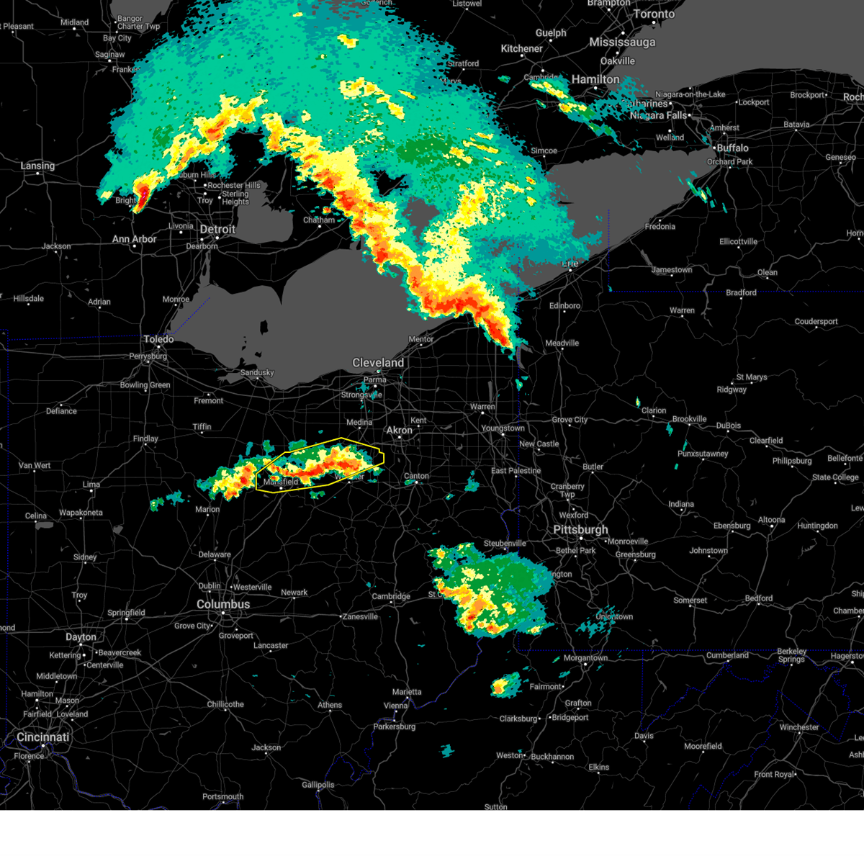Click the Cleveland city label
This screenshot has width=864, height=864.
point(378,363)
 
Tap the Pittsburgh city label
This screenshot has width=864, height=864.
point(580,530)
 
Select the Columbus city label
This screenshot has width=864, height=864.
point(223,604)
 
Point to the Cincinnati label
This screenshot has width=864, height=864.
point(43,737)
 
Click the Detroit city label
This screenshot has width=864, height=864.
point(217,230)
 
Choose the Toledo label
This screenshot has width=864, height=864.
point(158,339)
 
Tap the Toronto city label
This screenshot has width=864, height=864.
point(654,14)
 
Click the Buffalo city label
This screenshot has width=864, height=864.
point(732,148)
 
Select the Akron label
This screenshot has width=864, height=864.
point(400,431)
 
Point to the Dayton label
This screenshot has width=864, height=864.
point(81,637)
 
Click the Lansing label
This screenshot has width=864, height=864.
point(37,166)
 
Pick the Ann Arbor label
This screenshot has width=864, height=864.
point(135,239)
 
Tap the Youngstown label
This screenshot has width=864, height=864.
point(503,428)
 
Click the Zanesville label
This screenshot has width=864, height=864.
point(360,616)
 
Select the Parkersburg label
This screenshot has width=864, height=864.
point(395,726)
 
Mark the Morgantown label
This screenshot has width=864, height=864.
point(585,658)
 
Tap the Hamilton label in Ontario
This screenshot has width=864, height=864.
point(595,79)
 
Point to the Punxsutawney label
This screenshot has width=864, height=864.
point(703,454)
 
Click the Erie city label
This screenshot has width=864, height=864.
point(570,264)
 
